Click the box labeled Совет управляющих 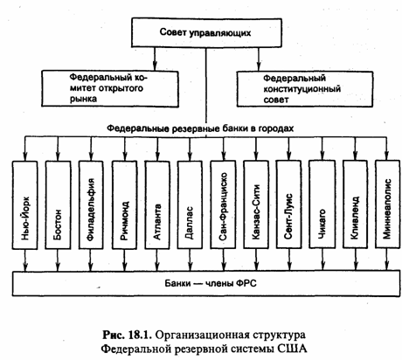coord(206,32)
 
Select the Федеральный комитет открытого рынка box coord(110,88)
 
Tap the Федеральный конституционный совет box coord(305,89)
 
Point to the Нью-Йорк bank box coord(24,205)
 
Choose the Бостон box coord(58,205)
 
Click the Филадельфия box coord(91,205)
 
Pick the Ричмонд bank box coord(124,205)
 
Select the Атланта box coord(157,205)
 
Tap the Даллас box coord(190,205)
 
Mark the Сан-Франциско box coord(223,205)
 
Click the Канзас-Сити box coord(256,204)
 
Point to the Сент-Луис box coord(288,204)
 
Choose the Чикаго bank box coord(322,204)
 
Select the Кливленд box coord(355,204)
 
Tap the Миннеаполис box coord(387,204)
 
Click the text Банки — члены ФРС coord(211,283)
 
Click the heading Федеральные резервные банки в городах coord(200,128)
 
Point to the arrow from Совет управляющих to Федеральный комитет coord(155,59)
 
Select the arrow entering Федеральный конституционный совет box coord(259,59)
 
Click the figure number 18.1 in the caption coord(140,335)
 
